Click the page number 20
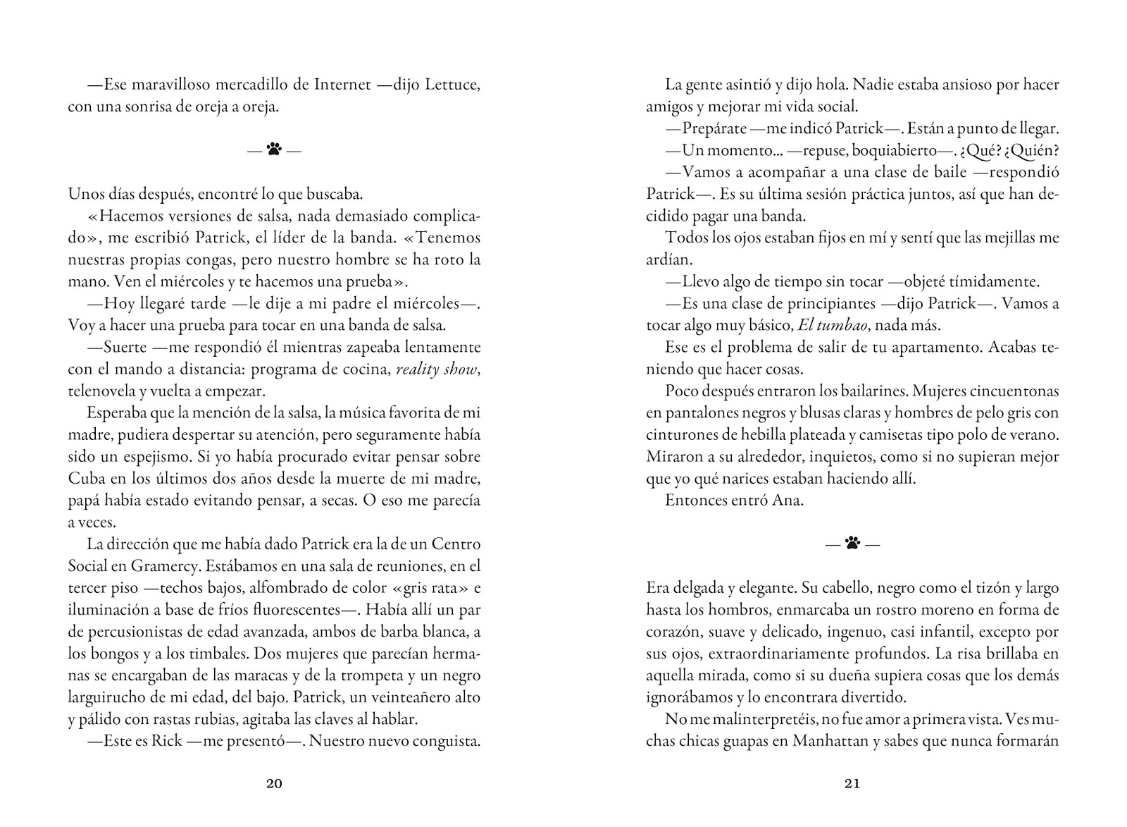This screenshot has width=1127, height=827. pyautogui.click(x=275, y=783)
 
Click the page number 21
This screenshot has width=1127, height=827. pyautogui.click(x=852, y=783)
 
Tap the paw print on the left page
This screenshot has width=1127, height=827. pyautogui.click(x=275, y=149)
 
